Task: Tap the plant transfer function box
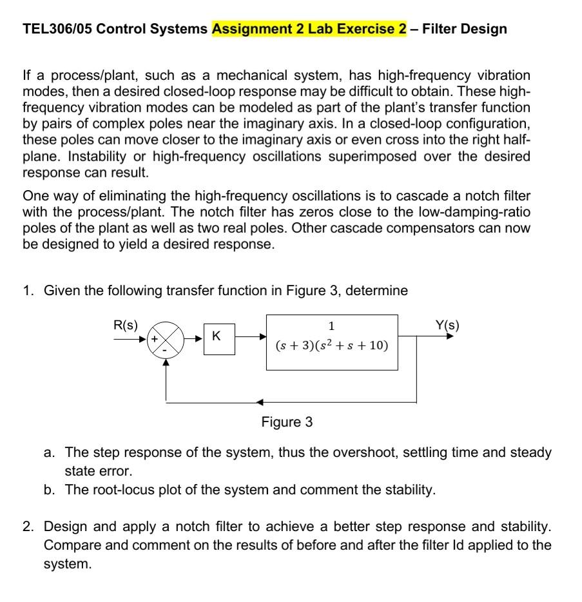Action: click(332, 342)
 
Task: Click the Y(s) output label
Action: click(447, 325)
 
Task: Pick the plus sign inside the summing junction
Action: click(155, 338)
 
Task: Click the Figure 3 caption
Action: click(287, 422)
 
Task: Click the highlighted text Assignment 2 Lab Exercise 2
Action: click(309, 29)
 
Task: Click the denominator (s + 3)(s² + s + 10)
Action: click(331, 346)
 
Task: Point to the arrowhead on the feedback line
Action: click(259, 402)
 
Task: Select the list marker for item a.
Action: click(49, 452)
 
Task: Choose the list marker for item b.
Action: click(49, 490)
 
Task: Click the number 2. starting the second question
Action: click(28, 527)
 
